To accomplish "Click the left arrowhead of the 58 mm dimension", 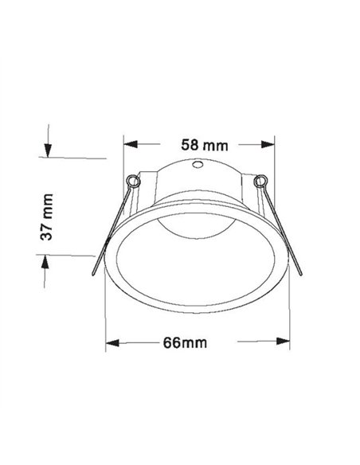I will pos(130,145).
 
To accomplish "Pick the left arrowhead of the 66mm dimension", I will pos(114,343).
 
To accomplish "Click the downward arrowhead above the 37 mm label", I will pos(48,151).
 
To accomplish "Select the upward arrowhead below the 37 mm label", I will pos(48,262).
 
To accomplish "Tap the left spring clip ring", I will pos(133,181).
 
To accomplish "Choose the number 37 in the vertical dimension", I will pos(47,229).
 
